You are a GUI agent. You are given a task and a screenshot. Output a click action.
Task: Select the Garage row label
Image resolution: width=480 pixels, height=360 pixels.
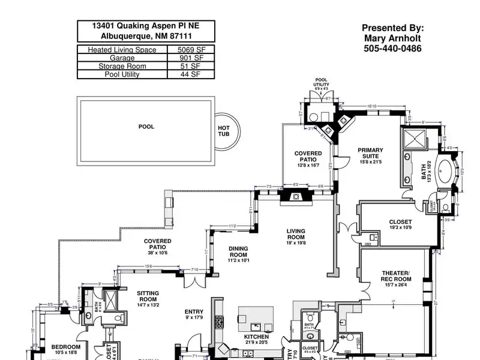pos(122,58)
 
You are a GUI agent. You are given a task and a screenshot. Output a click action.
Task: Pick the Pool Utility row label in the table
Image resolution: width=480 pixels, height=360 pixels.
pos(122,74)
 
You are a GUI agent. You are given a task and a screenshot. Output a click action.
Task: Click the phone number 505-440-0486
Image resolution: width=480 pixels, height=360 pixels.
pos(392,48)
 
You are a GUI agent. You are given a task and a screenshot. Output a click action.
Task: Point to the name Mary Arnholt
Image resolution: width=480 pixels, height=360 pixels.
pos(392,38)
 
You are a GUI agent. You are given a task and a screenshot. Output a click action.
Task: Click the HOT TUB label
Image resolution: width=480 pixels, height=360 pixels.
pos(224,131)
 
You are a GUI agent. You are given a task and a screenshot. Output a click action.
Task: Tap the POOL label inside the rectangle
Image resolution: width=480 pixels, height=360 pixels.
pos(146,127)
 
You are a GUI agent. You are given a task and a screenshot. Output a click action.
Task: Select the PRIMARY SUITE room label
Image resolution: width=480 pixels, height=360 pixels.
pos(370,153)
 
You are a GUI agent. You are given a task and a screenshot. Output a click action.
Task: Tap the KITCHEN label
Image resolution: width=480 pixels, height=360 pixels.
pos(255,337)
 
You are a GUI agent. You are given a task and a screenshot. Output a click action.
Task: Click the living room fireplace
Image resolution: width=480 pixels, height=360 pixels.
pos(295,196)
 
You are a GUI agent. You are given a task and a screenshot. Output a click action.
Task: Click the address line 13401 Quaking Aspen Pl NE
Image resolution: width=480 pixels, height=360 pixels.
pos(146,26)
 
